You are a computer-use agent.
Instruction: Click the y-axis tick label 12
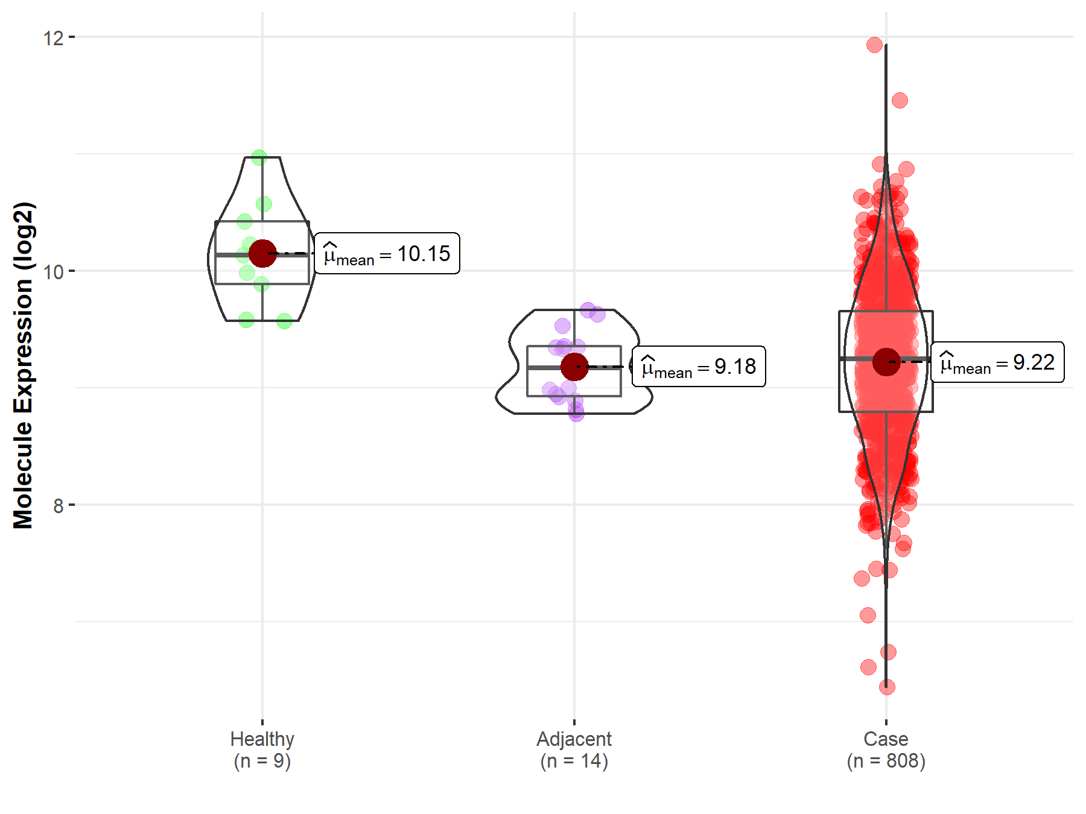[x=53, y=38]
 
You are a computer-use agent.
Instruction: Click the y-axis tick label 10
[x=53, y=272]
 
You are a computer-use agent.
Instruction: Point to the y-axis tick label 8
[x=58, y=506]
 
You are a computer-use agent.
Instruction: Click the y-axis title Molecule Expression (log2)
[x=23, y=365]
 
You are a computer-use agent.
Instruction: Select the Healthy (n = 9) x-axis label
[x=262, y=749]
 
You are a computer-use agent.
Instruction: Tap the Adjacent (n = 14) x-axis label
[x=574, y=749]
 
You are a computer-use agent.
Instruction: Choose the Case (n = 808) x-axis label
[x=886, y=749]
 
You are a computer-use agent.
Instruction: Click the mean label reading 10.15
[x=387, y=254]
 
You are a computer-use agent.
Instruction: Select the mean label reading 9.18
[x=699, y=367]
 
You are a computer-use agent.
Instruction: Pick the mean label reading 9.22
[x=997, y=362]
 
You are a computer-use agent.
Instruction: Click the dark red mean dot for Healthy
[x=262, y=253]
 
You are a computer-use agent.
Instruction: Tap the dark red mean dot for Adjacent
[x=574, y=367]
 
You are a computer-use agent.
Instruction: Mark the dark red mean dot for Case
[x=886, y=362]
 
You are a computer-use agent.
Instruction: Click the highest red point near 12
[x=874, y=45]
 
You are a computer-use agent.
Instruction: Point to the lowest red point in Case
[x=887, y=687]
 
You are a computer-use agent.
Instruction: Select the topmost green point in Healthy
[x=259, y=157]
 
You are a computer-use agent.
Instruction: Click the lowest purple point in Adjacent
[x=576, y=414]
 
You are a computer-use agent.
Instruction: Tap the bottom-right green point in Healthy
[x=284, y=321]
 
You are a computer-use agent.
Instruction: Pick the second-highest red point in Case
[x=900, y=100]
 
